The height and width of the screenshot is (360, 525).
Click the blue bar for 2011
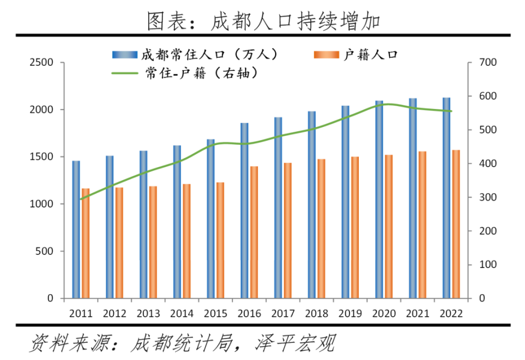pyautogui.click(x=76, y=230)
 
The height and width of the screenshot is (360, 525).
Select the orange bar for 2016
pyautogui.click(x=254, y=233)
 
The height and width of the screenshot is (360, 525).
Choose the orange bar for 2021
pyautogui.click(x=422, y=225)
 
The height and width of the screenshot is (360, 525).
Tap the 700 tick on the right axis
pyautogui.click(x=487, y=62)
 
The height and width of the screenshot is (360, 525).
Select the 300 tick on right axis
pyautogui.click(x=487, y=198)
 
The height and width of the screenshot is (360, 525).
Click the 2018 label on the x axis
pyautogui.click(x=317, y=313)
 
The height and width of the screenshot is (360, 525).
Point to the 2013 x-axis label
pyautogui.click(x=148, y=313)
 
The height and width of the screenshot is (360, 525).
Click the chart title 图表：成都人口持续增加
pyautogui.click(x=263, y=20)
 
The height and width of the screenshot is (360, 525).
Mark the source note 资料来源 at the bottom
pyautogui.click(x=181, y=344)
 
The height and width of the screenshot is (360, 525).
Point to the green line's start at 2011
pyautogui.click(x=81, y=199)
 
